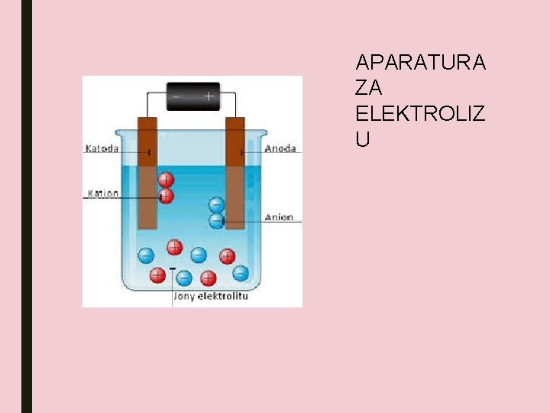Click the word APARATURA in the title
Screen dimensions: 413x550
pos(420,62)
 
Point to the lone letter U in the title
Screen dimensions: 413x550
pos(363,140)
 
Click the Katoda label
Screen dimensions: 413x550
pos(102,149)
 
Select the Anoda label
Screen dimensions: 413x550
pos(280,149)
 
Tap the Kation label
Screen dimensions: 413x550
pos(103,193)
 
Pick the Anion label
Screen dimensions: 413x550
pos(279,217)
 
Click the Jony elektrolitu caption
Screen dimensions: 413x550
pos(211,295)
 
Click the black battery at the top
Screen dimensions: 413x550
pos(193,96)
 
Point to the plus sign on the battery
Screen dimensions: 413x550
pos(208,97)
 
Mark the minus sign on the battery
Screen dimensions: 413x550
pos(177,97)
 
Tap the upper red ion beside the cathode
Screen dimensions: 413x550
pos(166,180)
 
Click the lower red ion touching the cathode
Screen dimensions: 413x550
pos(165,197)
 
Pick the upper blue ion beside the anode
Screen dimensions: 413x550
pos(217,205)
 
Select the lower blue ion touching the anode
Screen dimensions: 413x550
pos(217,221)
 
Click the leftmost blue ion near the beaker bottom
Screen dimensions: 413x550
pos(145,255)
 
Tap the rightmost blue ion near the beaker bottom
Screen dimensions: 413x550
pos(241,272)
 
